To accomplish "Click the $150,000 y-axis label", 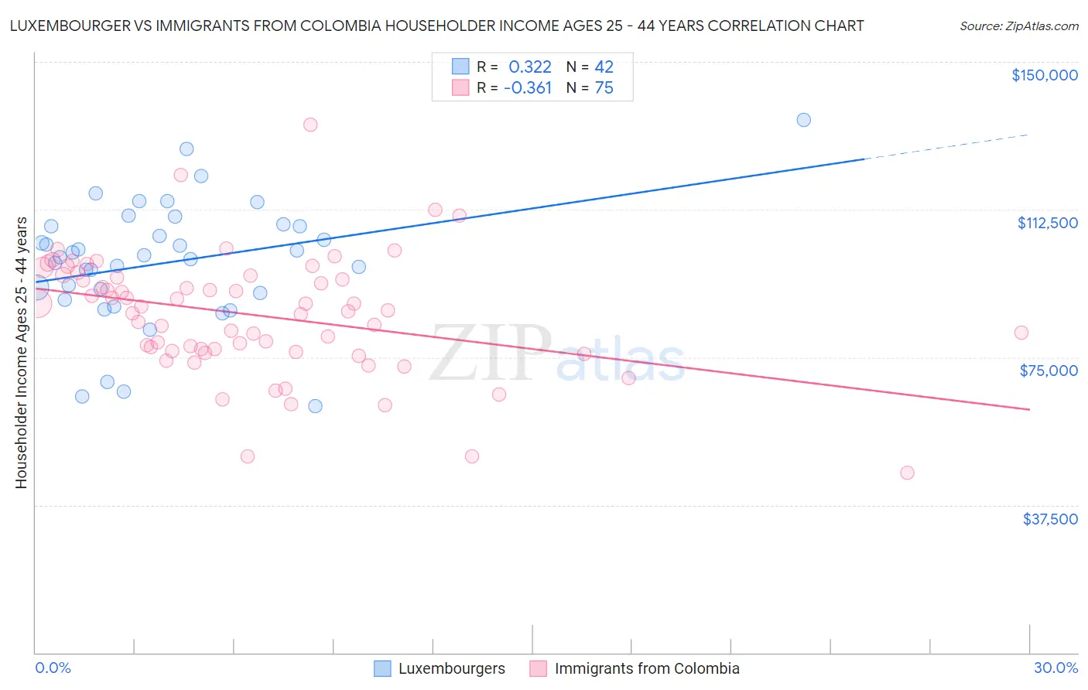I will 1044,75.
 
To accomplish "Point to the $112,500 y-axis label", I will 1047,223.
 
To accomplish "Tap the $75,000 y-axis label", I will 1049,371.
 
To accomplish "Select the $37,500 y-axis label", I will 1050,519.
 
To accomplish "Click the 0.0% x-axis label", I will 53,668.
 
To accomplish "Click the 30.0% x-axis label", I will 1055,668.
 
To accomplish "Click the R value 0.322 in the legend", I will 529,67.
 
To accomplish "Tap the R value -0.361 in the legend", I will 527,88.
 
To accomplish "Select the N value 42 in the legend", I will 604,67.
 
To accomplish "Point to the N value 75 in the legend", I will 604,88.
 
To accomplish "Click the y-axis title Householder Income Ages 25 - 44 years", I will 21,353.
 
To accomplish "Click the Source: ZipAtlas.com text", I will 1018,26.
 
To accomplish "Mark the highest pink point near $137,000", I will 310,125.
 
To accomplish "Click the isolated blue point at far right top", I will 803,120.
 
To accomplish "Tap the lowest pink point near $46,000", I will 907,473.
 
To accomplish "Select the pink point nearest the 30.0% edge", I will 1021,333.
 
